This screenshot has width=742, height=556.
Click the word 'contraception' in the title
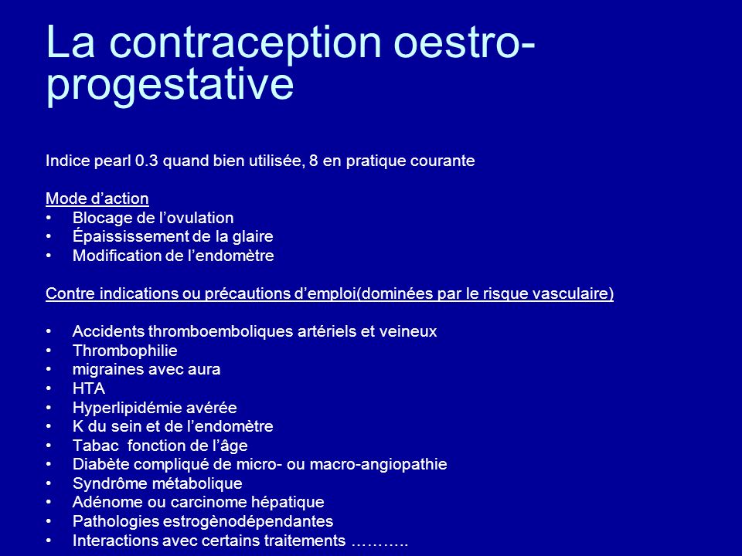(245, 43)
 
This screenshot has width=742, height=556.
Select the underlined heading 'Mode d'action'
(97, 198)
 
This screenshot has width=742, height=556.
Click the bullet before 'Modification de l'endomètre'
(49, 256)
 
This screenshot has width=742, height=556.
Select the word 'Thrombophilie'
(125, 351)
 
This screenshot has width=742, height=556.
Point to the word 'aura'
(204, 370)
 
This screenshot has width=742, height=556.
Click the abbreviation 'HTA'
(89, 388)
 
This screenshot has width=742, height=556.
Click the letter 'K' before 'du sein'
(78, 426)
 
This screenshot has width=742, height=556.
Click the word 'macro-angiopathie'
(378, 465)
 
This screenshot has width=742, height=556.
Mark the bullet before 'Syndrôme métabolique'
(49, 483)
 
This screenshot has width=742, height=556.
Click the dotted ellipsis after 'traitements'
(380, 544)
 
